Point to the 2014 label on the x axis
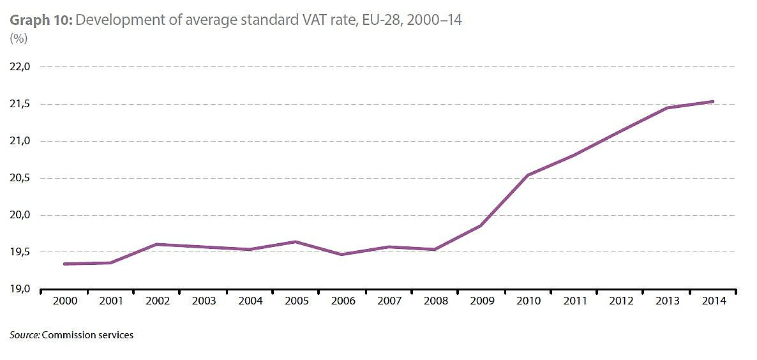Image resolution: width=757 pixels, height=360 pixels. (x=713, y=301)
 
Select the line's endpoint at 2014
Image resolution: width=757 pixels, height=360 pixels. (x=713, y=101)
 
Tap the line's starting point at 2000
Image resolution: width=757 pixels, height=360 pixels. (x=64, y=264)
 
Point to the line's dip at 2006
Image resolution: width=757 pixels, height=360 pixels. (x=341, y=255)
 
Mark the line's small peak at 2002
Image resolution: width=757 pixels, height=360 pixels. (x=156, y=244)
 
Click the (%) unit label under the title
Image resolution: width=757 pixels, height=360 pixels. (x=19, y=38)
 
